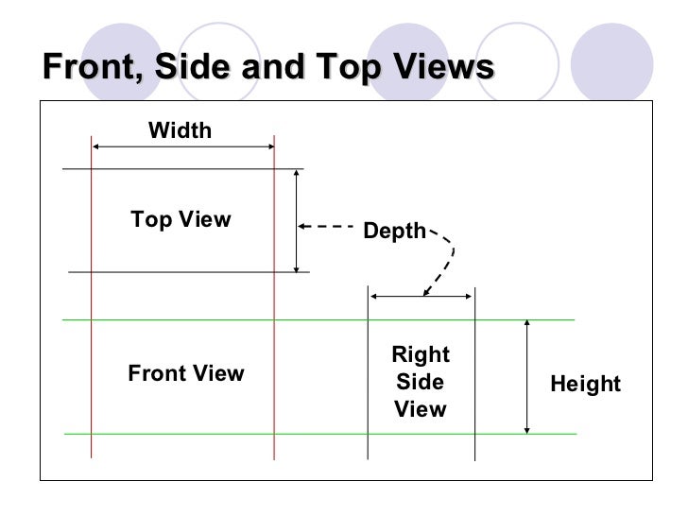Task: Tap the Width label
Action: pyautogui.click(x=181, y=130)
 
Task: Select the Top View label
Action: pyautogui.click(x=181, y=220)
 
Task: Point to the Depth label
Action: pyautogui.click(x=395, y=232)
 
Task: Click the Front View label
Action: pyautogui.click(x=186, y=373)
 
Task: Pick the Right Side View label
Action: pyautogui.click(x=421, y=382)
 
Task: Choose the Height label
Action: pyautogui.click(x=586, y=384)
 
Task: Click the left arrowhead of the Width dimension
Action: pyautogui.click(x=96, y=146)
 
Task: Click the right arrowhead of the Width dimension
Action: pyautogui.click(x=269, y=146)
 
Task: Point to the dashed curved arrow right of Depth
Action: pyautogui.click(x=446, y=260)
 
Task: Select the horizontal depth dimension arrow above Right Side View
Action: pyautogui.click(x=421, y=296)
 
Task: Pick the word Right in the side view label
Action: pyautogui.click(x=421, y=355)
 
